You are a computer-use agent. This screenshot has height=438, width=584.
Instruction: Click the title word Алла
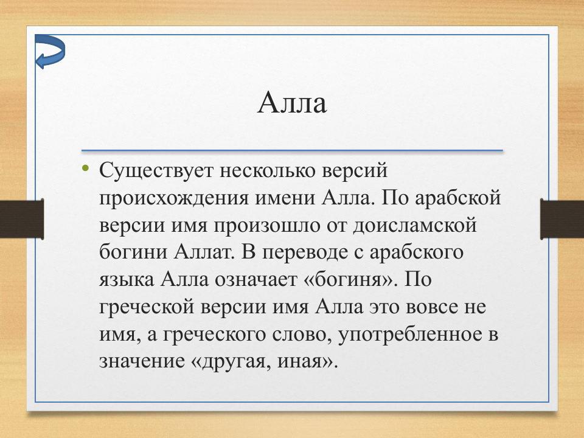[292, 103]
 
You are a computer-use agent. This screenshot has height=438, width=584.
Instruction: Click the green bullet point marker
[85, 169]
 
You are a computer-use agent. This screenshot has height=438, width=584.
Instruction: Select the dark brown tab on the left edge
[21, 219]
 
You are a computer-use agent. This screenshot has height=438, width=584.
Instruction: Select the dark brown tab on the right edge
[561, 219]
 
